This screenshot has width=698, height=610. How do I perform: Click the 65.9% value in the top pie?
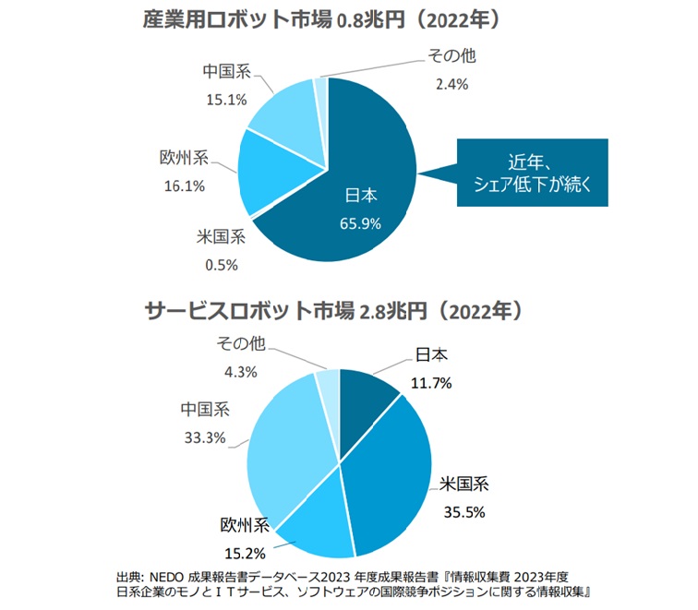[x=361, y=222]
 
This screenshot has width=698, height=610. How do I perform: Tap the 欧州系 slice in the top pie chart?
[x=269, y=175]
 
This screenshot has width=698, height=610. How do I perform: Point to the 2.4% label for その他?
[x=451, y=84]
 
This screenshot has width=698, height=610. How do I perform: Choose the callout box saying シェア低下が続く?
[x=533, y=173]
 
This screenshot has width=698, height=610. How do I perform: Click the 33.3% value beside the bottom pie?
[x=205, y=437]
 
